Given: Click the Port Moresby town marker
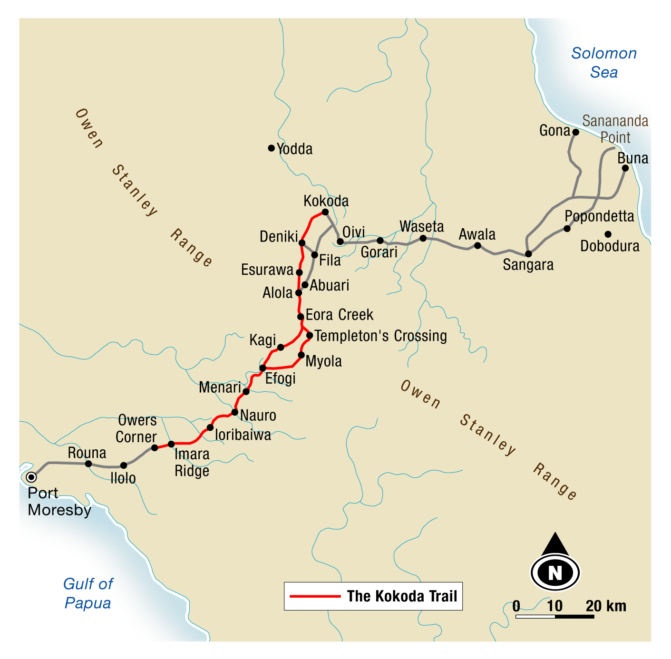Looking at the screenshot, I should [31, 477].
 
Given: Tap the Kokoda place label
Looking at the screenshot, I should [326, 201].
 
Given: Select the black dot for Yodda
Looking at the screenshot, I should [271, 148].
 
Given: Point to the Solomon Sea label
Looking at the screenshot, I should [603, 62].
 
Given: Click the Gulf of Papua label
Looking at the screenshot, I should [88, 593].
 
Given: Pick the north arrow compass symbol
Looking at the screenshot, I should [555, 564].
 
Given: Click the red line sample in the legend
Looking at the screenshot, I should [315, 596].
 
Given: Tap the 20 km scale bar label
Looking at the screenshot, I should [605, 606].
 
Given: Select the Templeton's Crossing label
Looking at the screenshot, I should [380, 336].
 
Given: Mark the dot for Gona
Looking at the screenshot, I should [575, 132].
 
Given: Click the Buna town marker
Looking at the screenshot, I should [625, 168].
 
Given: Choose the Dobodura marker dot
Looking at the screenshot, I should [608, 234].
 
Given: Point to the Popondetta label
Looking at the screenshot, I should [599, 216].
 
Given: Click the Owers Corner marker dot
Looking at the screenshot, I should [155, 447].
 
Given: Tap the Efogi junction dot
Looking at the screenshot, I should [263, 368].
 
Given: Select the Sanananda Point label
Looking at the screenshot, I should [615, 129].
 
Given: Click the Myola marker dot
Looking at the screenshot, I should [301, 355].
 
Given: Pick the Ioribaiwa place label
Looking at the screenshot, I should [243, 435].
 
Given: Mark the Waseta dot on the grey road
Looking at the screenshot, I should [423, 238].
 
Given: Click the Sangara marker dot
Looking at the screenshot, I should [528, 254].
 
